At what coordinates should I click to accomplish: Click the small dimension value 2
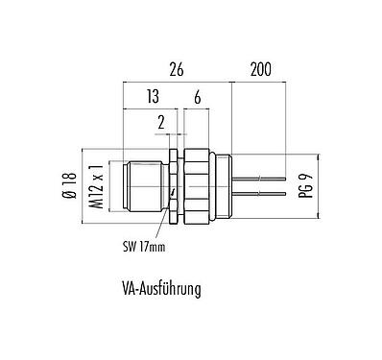161,121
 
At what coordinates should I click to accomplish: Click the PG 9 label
306,181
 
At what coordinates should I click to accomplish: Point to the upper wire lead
259,177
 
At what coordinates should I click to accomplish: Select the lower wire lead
259,192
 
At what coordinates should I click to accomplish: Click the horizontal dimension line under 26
177,81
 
